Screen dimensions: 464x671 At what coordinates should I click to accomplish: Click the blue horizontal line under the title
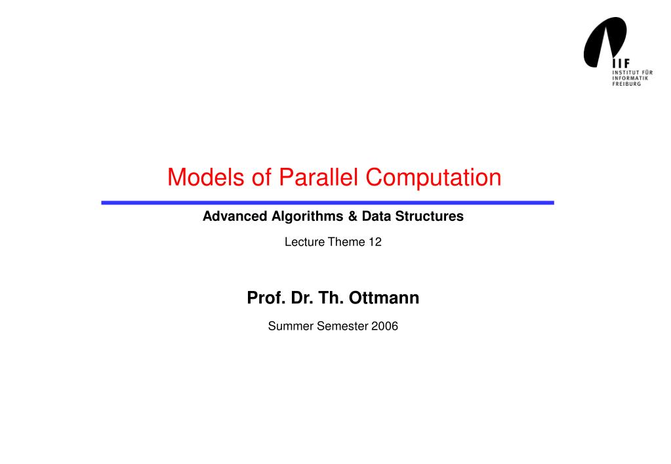(327, 203)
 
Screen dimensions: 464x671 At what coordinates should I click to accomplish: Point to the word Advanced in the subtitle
(235, 216)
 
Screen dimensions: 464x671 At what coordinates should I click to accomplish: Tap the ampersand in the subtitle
(349, 216)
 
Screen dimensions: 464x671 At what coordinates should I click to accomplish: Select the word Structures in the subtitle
(429, 216)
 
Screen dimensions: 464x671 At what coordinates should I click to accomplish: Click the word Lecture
(304, 242)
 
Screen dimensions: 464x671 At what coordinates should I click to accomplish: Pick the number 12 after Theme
(375, 242)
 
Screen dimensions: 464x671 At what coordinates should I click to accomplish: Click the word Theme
(346, 242)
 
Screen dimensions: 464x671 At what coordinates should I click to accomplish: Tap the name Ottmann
(384, 298)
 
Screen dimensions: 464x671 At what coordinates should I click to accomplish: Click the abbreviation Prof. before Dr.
(264, 298)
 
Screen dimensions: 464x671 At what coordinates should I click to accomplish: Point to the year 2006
(385, 326)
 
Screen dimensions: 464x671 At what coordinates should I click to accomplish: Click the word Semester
(342, 326)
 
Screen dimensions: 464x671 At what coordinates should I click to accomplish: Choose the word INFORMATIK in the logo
(630, 78)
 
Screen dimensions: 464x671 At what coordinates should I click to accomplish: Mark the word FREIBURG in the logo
(626, 84)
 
